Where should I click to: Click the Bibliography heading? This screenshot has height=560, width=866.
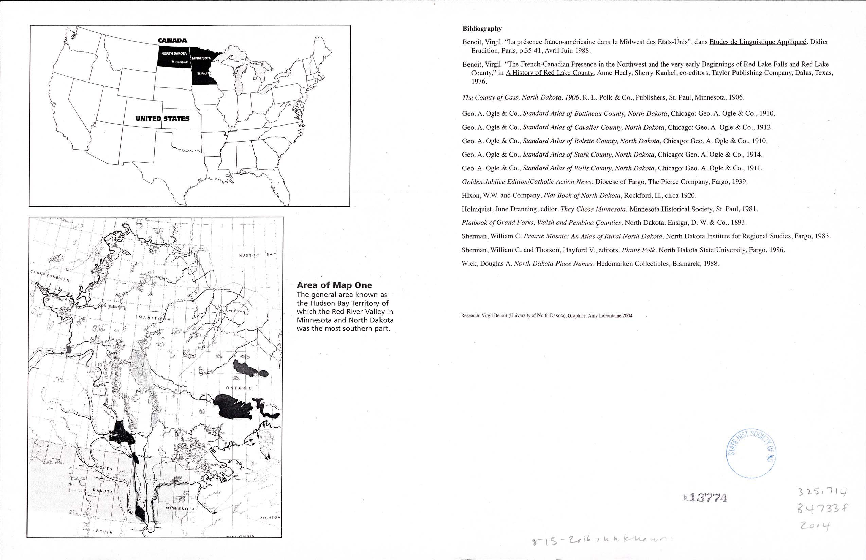(482, 29)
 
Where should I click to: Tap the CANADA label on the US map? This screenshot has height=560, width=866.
(172, 41)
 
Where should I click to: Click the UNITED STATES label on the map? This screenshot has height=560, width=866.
(162, 119)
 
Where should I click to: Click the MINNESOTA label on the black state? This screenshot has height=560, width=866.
(201, 58)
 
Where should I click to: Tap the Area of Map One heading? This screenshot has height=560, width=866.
(334, 285)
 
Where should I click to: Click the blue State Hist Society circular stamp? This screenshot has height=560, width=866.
(751, 453)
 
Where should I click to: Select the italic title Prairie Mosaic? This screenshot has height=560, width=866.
(593, 236)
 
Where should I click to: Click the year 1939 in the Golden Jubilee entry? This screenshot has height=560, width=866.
(738, 182)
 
